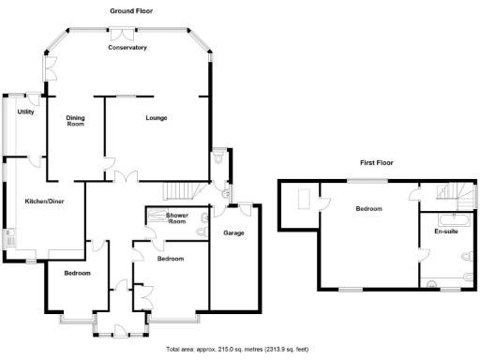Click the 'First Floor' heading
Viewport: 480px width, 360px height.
click(x=375, y=162)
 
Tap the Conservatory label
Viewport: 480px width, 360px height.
click(x=127, y=47)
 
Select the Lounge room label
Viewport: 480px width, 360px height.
click(x=157, y=118)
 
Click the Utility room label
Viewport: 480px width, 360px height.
click(x=26, y=112)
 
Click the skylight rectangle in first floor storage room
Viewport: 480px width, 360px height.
click(x=304, y=198)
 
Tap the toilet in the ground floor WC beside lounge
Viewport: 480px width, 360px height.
click(x=217, y=160)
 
